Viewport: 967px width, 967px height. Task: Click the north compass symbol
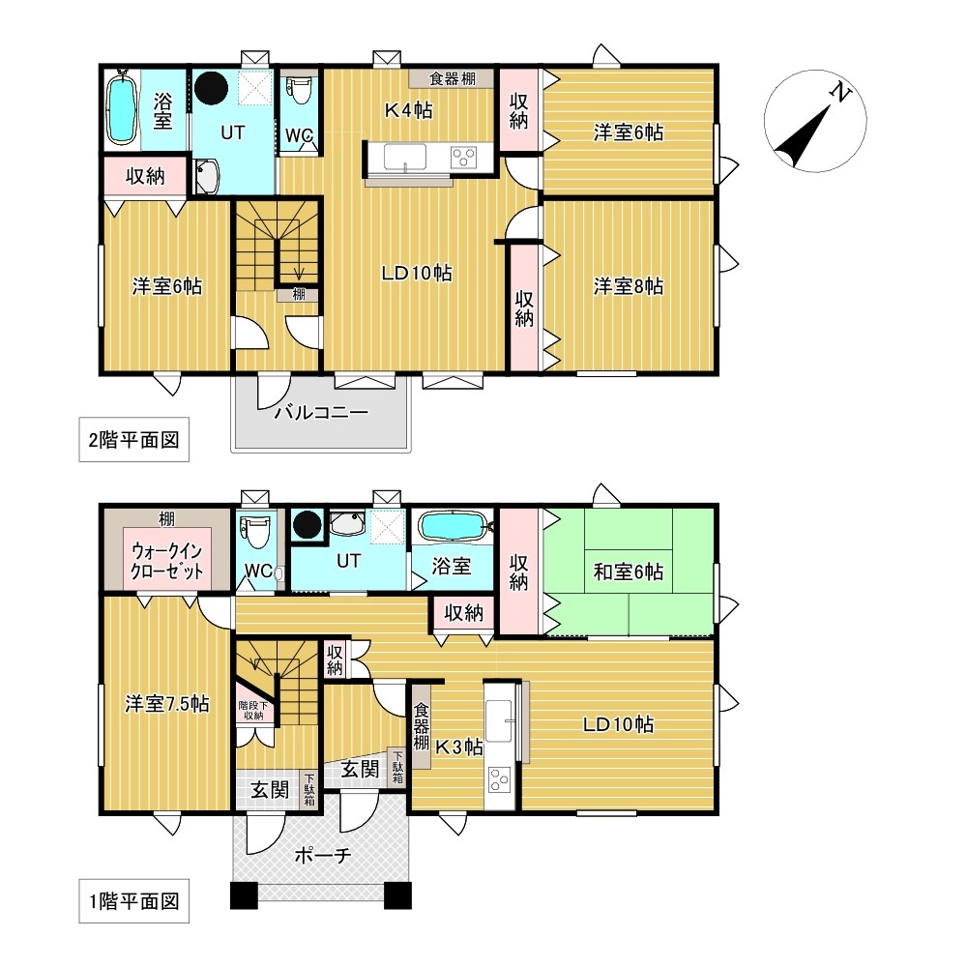coord(814,121)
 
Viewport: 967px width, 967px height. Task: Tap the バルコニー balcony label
coord(321,411)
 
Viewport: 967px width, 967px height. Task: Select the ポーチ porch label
coord(323,856)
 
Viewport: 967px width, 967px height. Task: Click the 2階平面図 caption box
coord(133,440)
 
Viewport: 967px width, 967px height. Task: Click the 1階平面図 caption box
coord(133,901)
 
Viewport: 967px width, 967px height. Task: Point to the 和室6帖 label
coord(628,571)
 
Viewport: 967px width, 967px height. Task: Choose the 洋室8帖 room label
coord(628,286)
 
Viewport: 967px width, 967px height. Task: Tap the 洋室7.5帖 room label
coord(166,704)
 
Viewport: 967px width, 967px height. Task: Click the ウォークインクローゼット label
coord(166,561)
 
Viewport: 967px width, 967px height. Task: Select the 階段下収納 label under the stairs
coord(253,711)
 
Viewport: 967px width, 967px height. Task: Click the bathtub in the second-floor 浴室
coord(122,108)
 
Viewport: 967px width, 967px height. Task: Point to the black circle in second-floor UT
coord(211,87)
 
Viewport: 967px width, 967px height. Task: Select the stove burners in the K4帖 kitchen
coord(463,158)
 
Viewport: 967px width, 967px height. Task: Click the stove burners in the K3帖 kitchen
coord(499,779)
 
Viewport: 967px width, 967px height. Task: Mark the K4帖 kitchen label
coord(408,110)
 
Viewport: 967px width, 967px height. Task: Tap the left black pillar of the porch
coord(245,895)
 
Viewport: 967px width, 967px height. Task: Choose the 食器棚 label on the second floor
coord(452,78)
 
